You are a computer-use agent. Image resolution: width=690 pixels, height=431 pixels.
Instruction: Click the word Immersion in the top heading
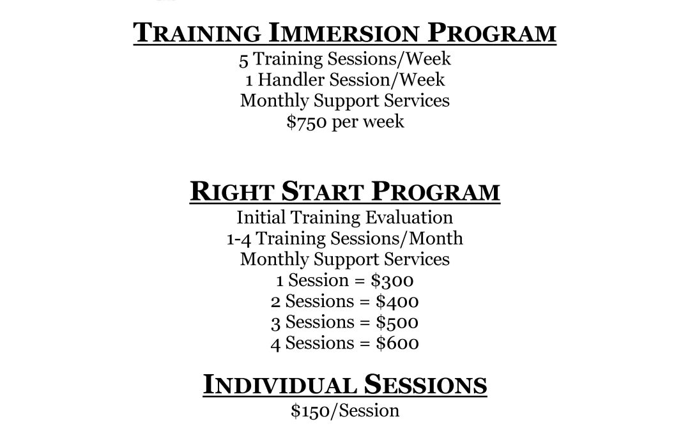tap(343, 33)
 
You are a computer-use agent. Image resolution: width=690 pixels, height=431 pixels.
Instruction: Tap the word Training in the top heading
tap(197, 33)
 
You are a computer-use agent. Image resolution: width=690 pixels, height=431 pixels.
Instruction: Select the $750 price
tap(307, 121)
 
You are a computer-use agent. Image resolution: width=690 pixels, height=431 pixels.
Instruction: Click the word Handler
tap(291, 80)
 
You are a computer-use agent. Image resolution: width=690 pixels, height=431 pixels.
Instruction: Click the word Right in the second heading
tap(231, 192)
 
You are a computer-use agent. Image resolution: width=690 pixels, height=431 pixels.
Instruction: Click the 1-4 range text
tap(238, 239)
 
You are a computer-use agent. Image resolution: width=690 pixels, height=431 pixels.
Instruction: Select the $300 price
tap(392, 280)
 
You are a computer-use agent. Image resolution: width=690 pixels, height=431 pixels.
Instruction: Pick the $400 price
tap(397, 301)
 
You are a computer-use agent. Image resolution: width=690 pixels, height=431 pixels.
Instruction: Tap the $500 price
tap(397, 322)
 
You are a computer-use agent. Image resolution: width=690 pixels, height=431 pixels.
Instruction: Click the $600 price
tap(397, 344)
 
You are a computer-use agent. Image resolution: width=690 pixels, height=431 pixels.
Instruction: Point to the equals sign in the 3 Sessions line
tap(365, 323)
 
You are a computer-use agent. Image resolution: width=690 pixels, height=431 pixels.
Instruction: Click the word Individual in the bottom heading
tap(279, 384)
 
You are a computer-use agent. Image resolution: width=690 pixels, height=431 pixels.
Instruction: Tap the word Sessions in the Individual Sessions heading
tap(425, 384)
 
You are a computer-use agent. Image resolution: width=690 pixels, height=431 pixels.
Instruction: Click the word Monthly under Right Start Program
tap(275, 259)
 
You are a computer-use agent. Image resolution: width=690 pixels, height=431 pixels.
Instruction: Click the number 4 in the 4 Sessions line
tap(275, 344)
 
